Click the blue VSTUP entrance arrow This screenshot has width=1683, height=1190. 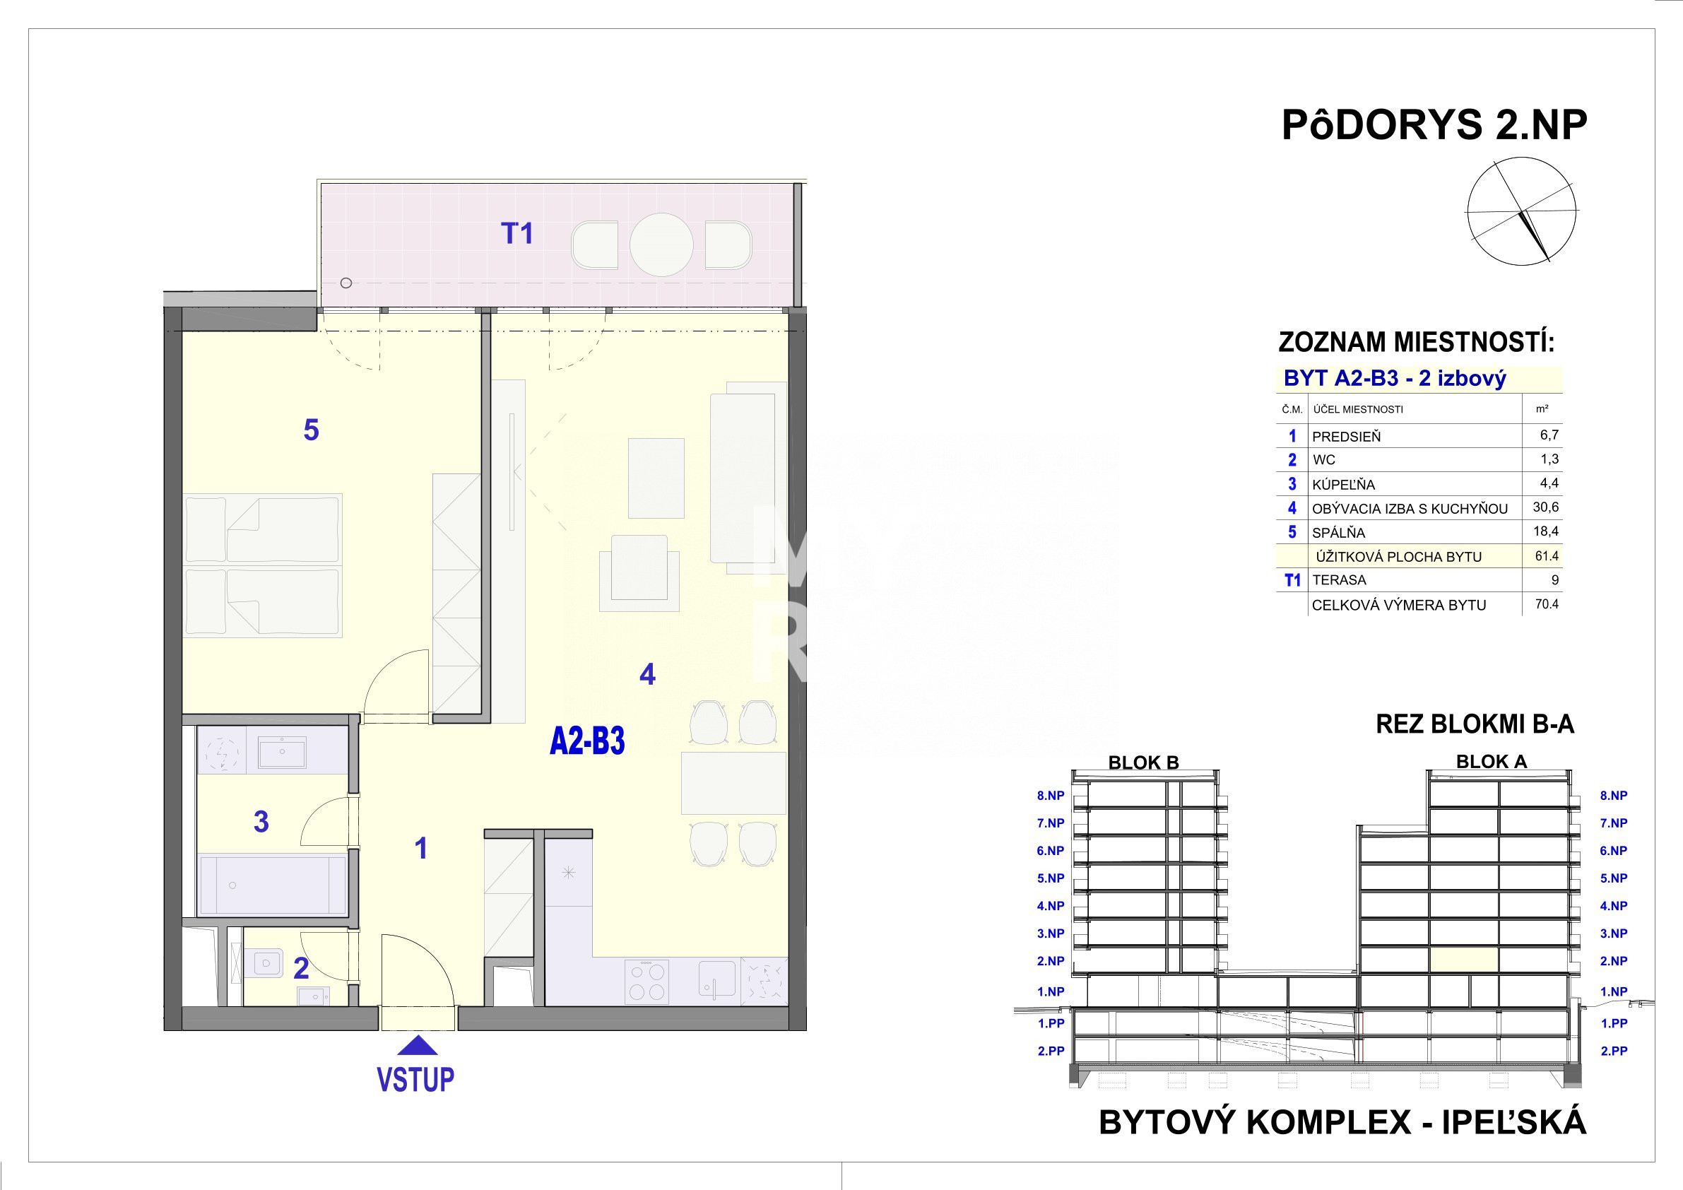[x=416, y=1046]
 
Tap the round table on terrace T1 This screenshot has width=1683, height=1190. [x=661, y=245]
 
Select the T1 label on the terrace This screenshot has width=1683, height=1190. [x=516, y=234]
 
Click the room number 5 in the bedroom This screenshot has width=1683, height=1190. [x=312, y=430]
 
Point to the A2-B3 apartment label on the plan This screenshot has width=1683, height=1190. [x=587, y=742]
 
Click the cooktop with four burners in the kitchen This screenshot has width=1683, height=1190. [x=646, y=982]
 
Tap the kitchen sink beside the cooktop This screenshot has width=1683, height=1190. [x=717, y=979]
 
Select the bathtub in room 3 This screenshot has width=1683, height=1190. [x=273, y=885]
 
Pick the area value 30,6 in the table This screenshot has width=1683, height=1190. [x=1546, y=507]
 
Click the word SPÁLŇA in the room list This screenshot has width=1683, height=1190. [x=1338, y=533]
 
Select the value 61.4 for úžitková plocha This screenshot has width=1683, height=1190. [x=1547, y=555]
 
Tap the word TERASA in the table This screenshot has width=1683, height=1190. [x=1339, y=580]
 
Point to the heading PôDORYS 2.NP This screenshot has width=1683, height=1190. [x=1434, y=124]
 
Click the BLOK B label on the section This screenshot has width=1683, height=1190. [x=1143, y=762]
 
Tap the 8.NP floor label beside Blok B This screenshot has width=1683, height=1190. [x=1051, y=796]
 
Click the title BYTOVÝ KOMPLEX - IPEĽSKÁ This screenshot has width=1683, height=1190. [x=1343, y=1123]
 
